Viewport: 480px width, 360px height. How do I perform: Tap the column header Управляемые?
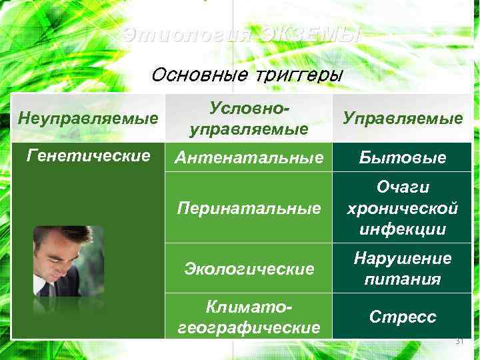402,118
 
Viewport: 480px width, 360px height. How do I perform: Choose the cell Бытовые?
402,158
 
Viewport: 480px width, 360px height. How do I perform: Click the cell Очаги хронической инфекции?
402,209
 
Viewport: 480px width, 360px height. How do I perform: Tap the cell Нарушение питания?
402,268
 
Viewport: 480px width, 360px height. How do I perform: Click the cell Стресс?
402,316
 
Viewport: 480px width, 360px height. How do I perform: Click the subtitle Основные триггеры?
246,74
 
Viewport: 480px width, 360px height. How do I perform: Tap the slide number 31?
458,341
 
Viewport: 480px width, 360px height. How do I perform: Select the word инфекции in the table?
402,229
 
